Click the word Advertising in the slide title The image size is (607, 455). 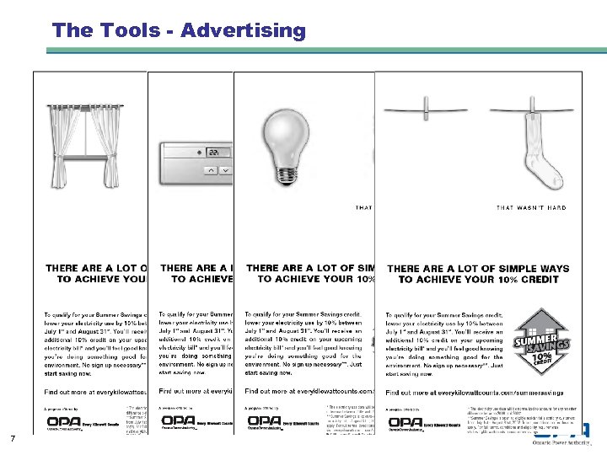[x=243, y=31]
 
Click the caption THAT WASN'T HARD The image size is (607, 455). [x=531, y=207]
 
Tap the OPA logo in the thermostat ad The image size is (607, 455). [x=178, y=420]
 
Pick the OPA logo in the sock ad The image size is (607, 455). [x=404, y=420]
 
